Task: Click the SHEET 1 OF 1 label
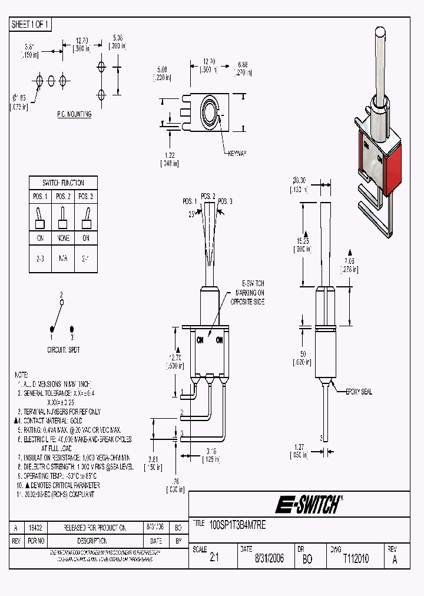(x=31, y=25)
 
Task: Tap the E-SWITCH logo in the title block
(x=309, y=504)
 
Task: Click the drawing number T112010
(x=355, y=559)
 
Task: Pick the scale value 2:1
(x=214, y=559)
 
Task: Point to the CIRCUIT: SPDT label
(x=64, y=349)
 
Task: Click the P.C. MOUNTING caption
(x=74, y=114)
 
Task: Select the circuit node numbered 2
(x=61, y=301)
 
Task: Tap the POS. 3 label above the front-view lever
(x=226, y=201)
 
